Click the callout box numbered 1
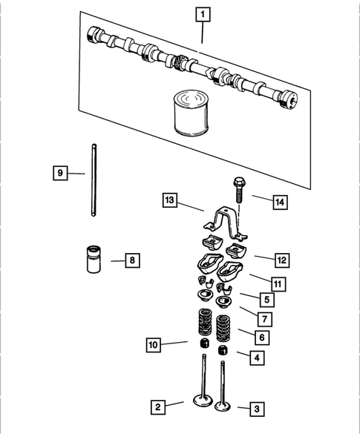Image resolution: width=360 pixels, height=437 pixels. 202,13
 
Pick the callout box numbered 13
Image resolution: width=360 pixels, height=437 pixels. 170,200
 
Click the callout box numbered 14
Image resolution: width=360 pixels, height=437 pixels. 280,201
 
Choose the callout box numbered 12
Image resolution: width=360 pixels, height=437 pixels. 281,260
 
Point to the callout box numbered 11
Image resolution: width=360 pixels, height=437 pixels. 275,283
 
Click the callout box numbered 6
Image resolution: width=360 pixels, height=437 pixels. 261,338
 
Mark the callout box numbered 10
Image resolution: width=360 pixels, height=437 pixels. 153,344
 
